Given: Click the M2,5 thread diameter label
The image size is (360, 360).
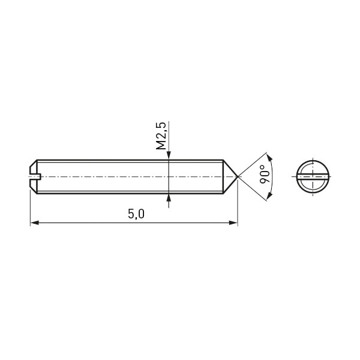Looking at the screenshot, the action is coord(161,136).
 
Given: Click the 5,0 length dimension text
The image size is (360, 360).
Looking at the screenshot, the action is coord(136,214).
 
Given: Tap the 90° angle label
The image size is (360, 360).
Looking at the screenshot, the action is coord(265,174).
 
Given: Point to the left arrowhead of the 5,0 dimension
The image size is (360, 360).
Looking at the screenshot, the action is coord(34,223).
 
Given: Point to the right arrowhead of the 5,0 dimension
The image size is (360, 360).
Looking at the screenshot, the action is coord(233,223).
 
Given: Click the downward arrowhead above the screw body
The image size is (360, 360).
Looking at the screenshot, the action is coord(169,155).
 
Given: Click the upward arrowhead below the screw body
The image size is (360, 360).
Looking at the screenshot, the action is coord(169,198).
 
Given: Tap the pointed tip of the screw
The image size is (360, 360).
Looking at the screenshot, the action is coord(238,176).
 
